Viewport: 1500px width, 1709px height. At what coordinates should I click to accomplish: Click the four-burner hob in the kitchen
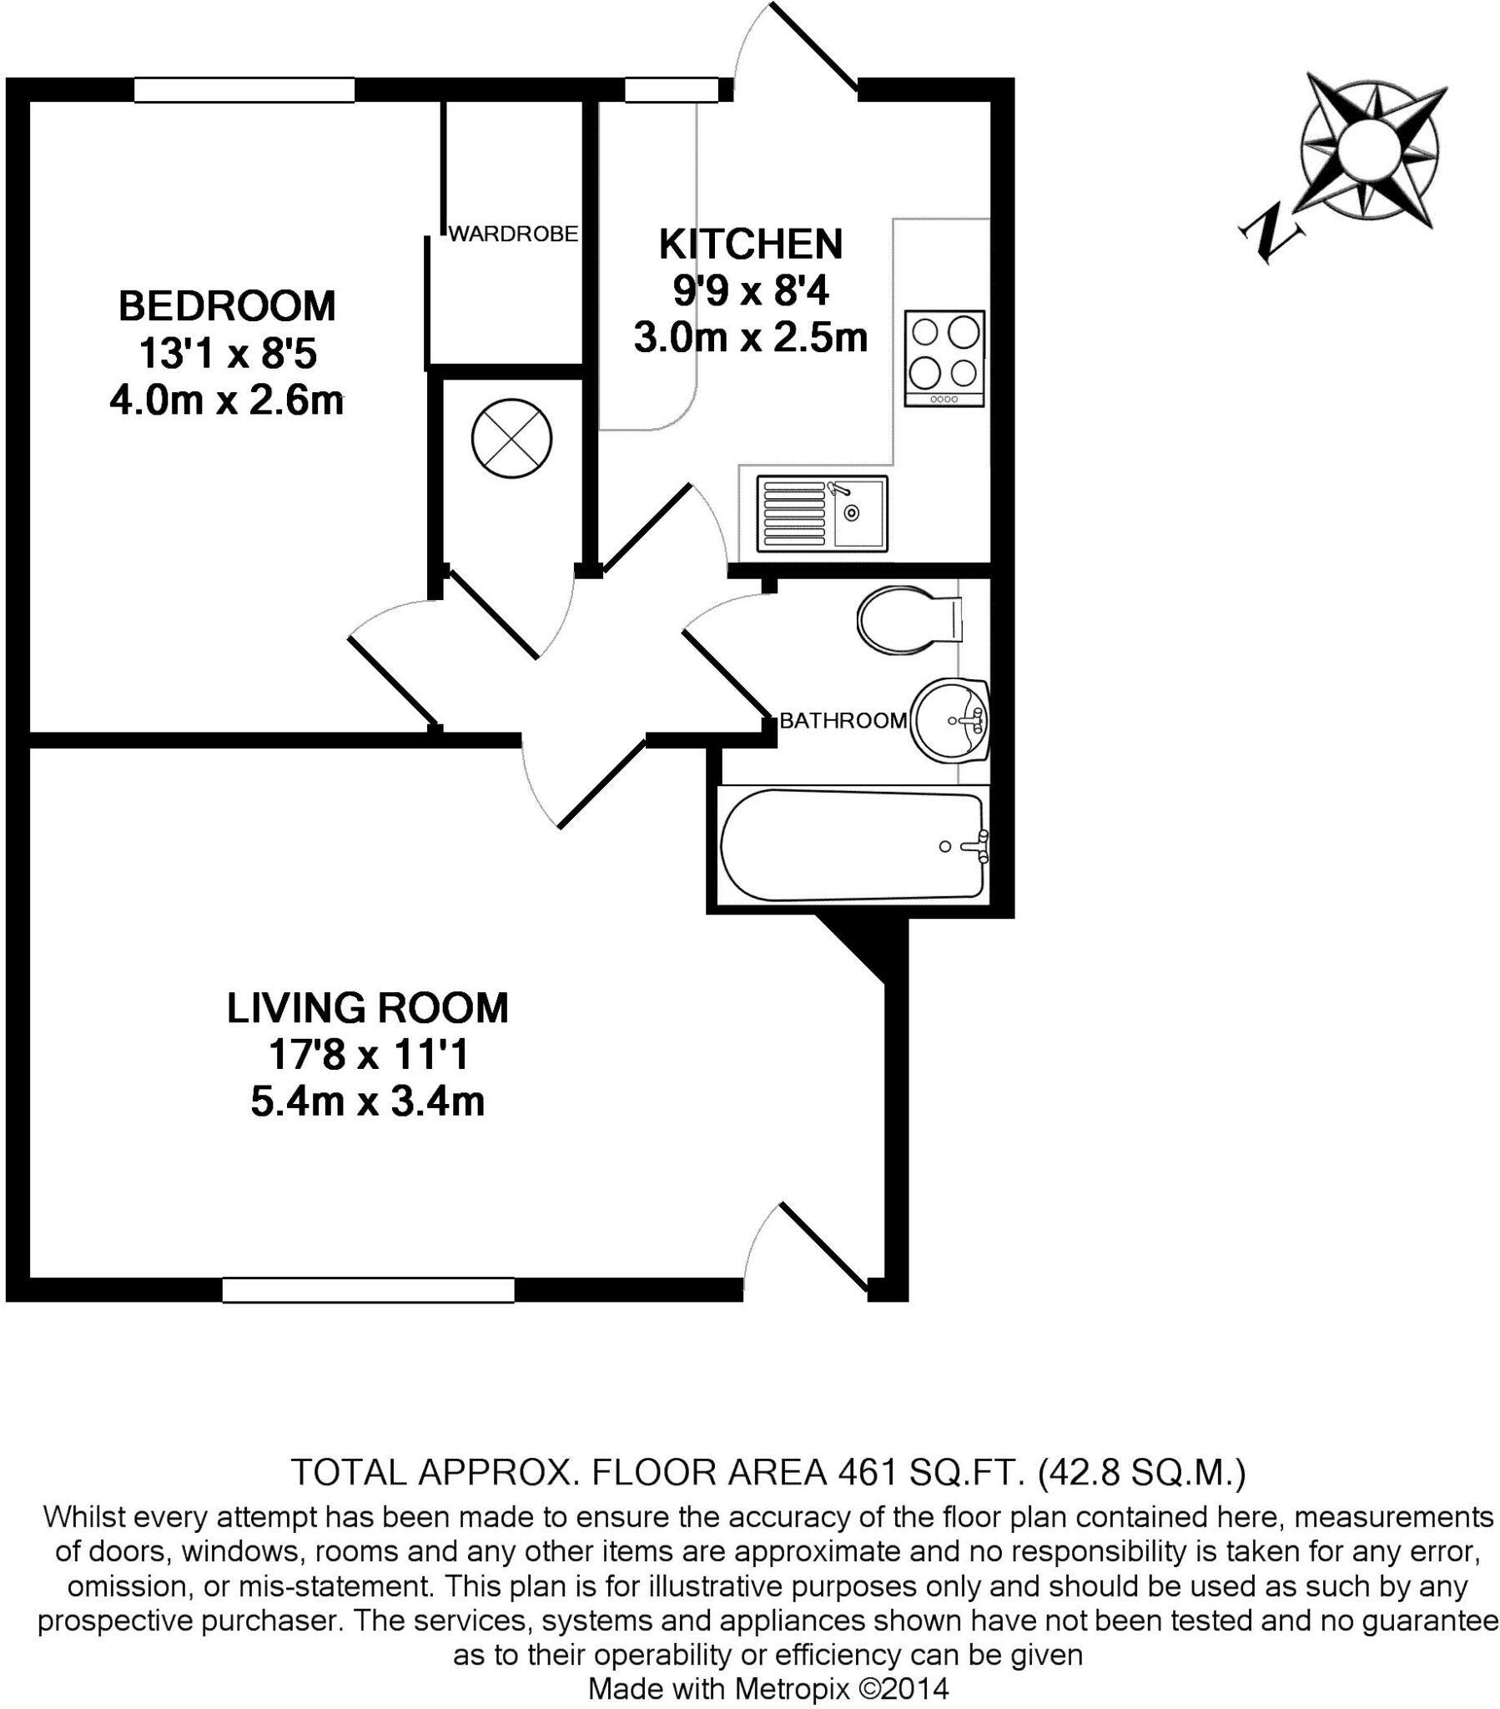pyautogui.click(x=944, y=359)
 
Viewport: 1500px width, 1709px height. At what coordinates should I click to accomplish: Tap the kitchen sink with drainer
pyautogui.click(x=821, y=513)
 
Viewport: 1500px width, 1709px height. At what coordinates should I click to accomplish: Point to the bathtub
pyautogui.click(x=851, y=846)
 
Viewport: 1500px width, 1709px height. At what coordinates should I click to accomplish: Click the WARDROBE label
pyautogui.click(x=512, y=234)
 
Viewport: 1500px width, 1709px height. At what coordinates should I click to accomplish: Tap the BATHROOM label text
pyautogui.click(x=842, y=721)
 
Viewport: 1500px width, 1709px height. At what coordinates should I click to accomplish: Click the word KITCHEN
pyautogui.click(x=750, y=245)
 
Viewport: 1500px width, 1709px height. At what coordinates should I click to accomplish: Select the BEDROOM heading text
pyautogui.click(x=227, y=306)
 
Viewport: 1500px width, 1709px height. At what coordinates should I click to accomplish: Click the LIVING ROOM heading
pyautogui.click(x=367, y=1008)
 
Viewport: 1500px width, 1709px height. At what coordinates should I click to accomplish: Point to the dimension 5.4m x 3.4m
pyautogui.click(x=367, y=1102)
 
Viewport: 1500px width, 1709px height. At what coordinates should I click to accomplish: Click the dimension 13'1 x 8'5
pyautogui.click(x=227, y=354)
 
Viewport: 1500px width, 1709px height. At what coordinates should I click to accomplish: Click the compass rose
pyautogui.click(x=1372, y=150)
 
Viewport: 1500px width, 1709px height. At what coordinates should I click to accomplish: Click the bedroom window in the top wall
pyautogui.click(x=244, y=89)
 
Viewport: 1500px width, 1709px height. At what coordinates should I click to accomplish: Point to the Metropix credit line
pyautogui.click(x=768, y=1687)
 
